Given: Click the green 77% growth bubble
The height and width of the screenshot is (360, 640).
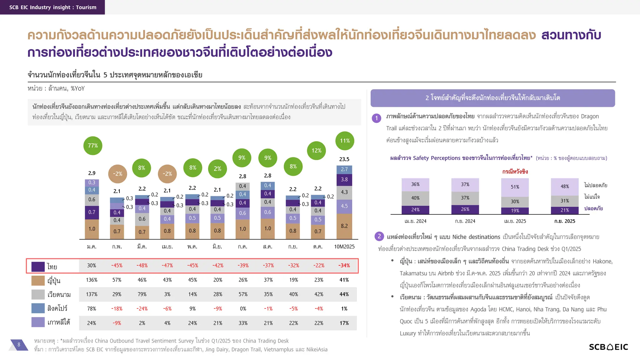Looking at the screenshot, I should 93,146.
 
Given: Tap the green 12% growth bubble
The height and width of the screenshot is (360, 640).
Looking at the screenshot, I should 316,151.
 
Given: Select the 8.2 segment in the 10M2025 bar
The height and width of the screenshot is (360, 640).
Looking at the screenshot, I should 344,226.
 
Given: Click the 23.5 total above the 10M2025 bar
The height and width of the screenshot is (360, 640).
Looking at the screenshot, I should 344,159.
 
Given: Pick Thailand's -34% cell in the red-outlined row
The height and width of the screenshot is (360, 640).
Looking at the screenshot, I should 344,266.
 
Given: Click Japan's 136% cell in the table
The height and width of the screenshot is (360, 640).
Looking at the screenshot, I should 92,280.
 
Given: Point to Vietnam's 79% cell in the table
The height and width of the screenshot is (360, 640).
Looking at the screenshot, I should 142,294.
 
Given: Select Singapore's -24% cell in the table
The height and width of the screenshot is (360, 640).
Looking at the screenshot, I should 142,309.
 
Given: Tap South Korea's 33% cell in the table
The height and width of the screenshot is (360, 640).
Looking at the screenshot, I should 243,323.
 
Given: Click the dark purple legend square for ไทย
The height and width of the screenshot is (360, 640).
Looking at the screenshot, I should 38,267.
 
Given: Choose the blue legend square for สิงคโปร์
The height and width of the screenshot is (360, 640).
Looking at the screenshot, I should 38,308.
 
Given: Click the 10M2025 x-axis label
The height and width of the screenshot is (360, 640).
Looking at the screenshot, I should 344,247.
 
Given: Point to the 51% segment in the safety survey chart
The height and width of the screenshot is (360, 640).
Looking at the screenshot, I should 515,187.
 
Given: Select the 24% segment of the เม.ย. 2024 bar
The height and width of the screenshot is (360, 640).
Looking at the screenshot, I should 415,210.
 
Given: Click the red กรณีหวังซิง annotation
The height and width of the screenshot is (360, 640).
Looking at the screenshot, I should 515,172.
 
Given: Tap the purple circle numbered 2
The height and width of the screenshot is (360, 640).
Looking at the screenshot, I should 379,236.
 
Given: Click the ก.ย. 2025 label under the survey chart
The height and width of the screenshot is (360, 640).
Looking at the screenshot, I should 565,221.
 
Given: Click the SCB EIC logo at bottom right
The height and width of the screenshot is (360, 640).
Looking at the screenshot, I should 608,347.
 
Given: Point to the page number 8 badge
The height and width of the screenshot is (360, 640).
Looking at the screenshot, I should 19,345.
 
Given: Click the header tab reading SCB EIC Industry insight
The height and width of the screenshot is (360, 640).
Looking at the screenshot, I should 52,7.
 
